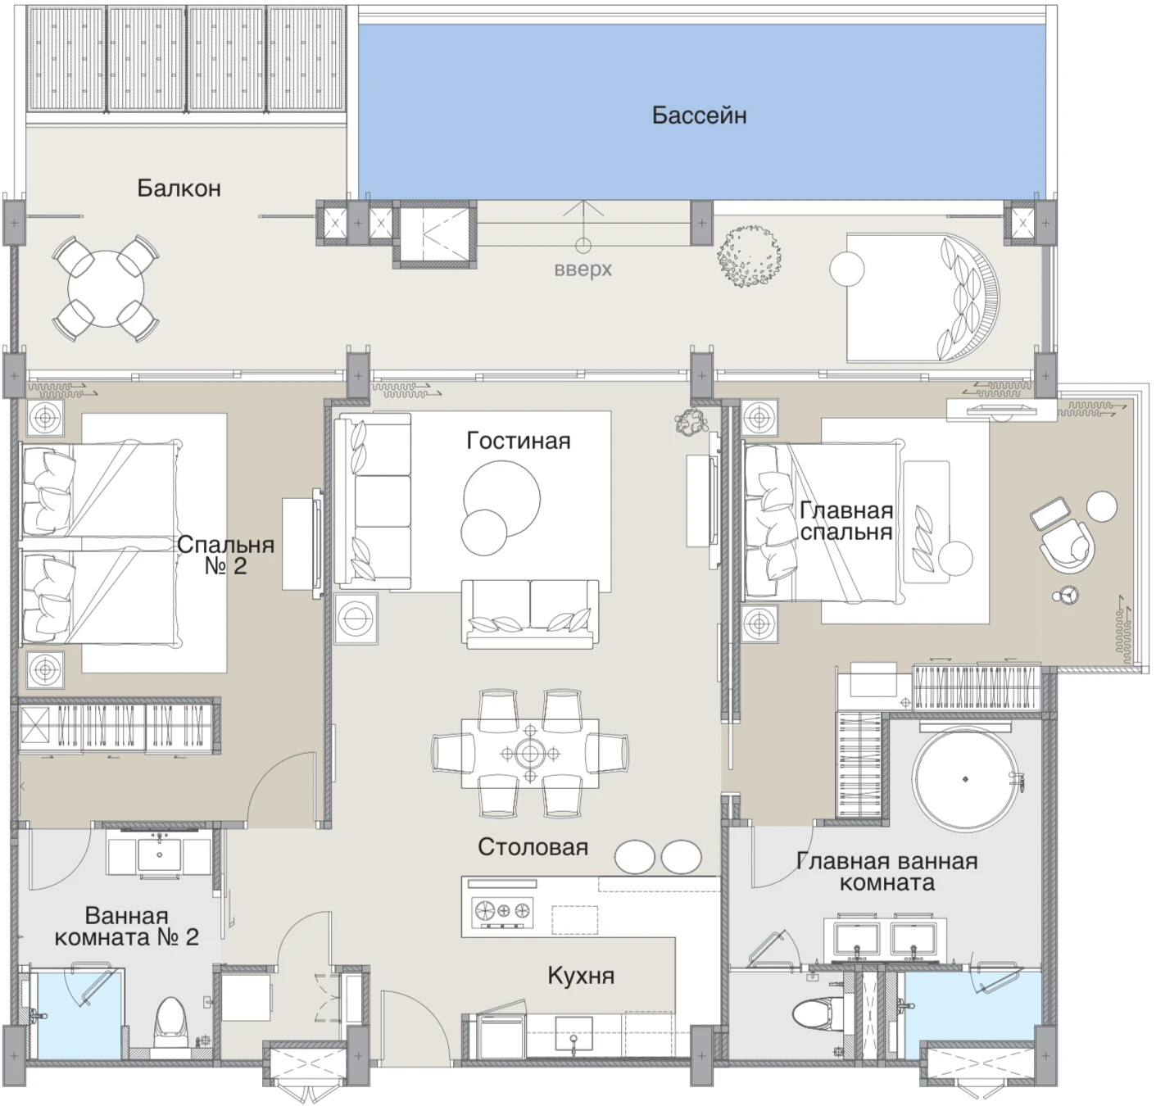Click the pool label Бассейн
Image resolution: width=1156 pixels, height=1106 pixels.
coord(699,116)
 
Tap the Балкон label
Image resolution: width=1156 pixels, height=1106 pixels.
coord(179,188)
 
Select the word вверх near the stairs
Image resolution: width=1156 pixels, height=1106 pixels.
coord(583,270)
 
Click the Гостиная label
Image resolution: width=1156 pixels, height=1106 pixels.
coord(518,441)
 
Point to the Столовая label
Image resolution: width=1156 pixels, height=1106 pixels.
coord(533,847)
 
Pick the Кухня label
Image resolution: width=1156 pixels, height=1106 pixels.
coord(581,975)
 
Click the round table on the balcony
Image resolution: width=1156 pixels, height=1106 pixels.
coord(106,289)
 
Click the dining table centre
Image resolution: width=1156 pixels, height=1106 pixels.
coord(530,754)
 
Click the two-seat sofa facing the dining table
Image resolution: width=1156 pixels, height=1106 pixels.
coord(530,614)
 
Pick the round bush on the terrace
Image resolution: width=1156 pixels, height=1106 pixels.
coord(749,257)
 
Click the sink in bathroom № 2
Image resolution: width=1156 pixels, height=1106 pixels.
coord(159,854)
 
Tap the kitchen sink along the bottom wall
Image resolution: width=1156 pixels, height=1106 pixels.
coord(573,1036)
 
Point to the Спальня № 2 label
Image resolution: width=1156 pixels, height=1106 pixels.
coord(226,555)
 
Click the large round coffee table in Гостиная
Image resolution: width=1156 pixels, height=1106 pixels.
coord(502,499)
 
